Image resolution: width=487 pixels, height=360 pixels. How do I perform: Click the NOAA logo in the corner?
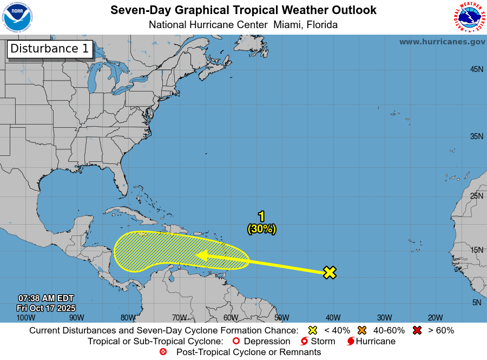(17, 17)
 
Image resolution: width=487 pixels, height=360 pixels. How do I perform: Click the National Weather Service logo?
(469, 17)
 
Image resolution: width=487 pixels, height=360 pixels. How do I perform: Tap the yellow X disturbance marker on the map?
(330, 272)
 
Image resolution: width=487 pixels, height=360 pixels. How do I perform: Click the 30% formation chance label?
(262, 229)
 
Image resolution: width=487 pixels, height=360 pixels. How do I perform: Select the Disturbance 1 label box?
(50, 49)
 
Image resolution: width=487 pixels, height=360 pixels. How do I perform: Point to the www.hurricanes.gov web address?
(442, 42)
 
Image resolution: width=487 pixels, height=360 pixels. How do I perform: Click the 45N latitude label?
(476, 69)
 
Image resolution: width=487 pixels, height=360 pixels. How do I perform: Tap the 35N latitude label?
(476, 136)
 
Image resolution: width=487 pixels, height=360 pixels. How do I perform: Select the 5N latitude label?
(476, 302)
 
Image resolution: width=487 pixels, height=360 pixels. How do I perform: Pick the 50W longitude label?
(281, 317)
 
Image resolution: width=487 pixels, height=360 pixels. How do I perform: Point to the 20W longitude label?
(436, 317)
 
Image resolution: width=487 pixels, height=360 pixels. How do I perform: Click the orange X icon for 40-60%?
(362, 330)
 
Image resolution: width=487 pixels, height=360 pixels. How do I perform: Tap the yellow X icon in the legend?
(312, 330)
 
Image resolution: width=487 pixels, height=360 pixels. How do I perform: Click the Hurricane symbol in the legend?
(351, 341)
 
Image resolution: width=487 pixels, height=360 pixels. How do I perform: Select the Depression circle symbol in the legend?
(235, 341)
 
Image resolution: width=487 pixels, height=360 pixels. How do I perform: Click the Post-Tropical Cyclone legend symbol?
(163, 352)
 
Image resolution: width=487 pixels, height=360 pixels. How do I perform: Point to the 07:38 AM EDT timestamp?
(46, 298)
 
